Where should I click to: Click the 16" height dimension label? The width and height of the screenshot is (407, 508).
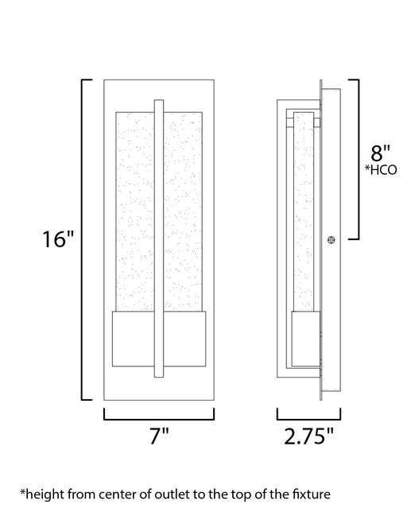point(58,239)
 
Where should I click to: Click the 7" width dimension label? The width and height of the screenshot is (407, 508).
point(159,436)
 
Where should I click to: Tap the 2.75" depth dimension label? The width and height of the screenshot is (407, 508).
point(308,436)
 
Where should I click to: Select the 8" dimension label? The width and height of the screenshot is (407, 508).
point(381,153)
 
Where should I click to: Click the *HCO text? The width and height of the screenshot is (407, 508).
point(381,170)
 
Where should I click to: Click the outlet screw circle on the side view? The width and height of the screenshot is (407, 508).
point(331,240)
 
